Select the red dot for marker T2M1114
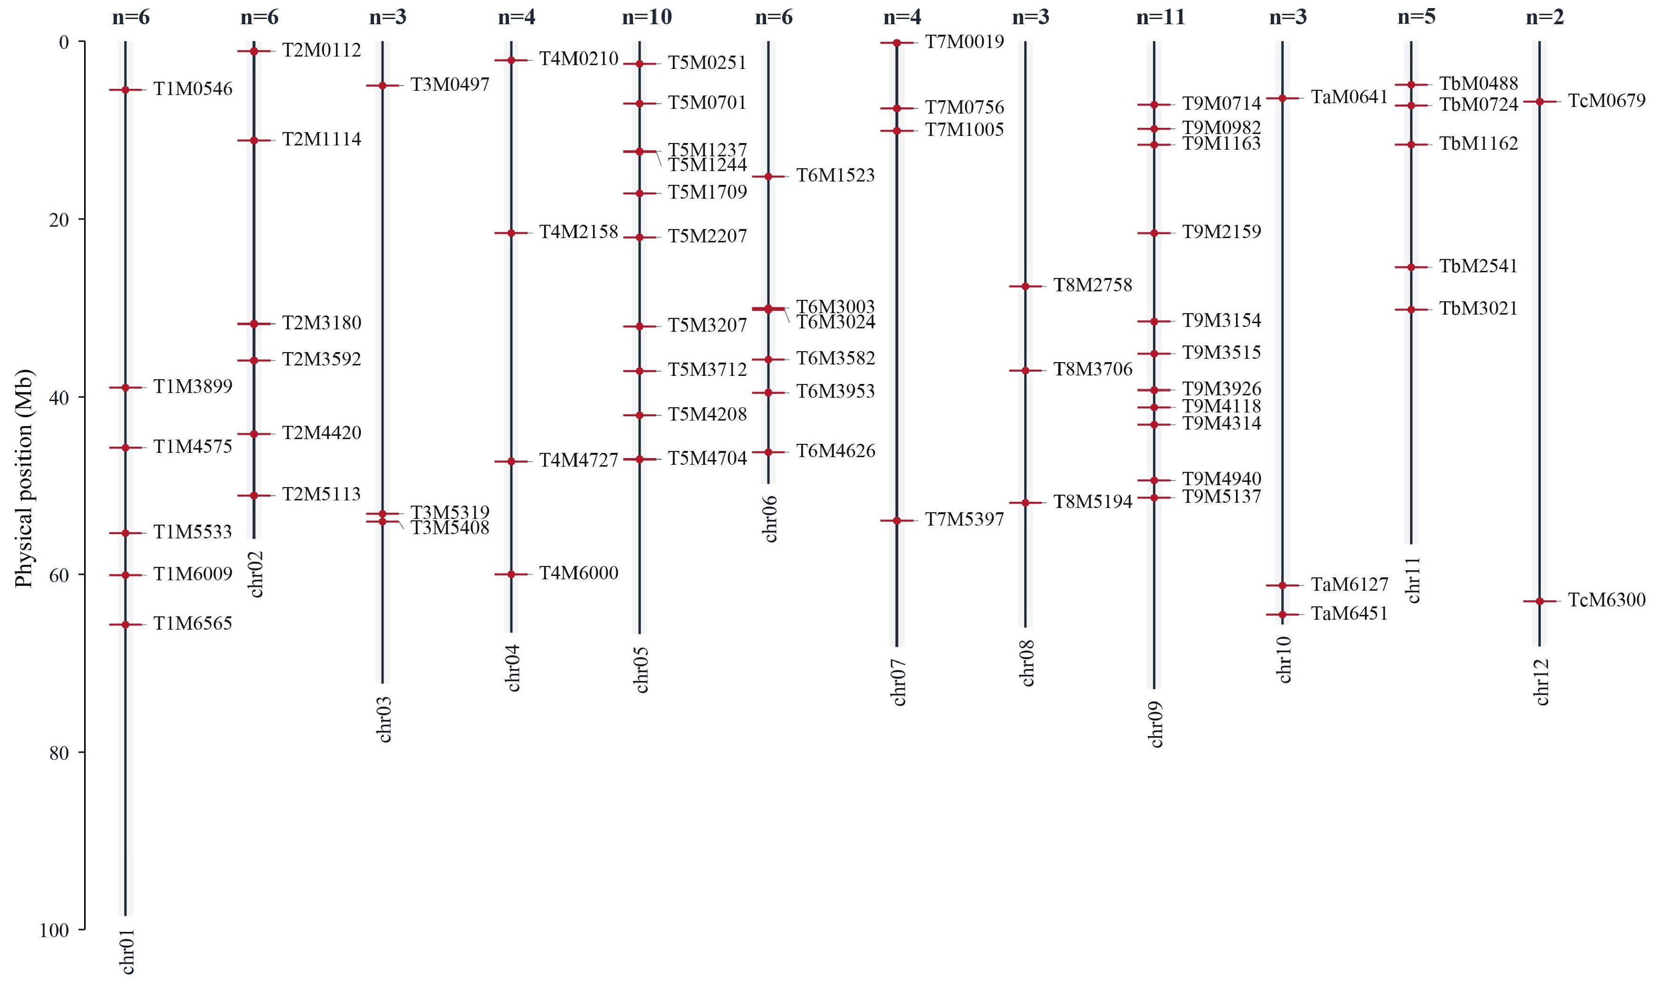pos(253,140)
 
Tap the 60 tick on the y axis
pos(59,575)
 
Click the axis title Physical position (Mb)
pos(24,478)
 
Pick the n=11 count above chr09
pos(1160,17)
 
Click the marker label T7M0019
pos(964,42)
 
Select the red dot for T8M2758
pos(1026,286)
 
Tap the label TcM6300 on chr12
pos(1606,600)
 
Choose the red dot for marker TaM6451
pos(1282,614)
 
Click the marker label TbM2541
pos(1478,266)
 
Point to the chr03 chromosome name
pos(384,719)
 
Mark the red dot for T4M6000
pos(511,574)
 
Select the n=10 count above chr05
pos(646,17)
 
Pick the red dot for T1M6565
pos(125,624)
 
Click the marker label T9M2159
pos(1221,231)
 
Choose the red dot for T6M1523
pos(768,176)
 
